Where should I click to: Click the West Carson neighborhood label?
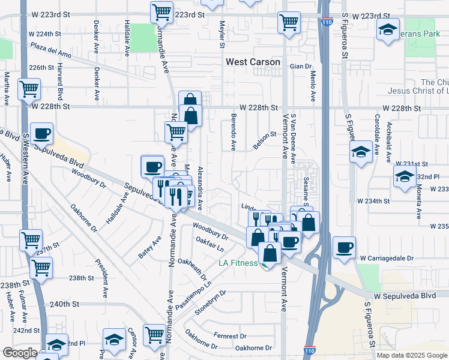click(x=253, y=62)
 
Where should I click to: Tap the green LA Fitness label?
click(x=238, y=263)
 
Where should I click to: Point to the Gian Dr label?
click(x=301, y=67)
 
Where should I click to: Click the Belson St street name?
click(x=264, y=142)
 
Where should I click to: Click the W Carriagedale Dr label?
click(x=387, y=258)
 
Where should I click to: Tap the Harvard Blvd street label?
click(x=61, y=85)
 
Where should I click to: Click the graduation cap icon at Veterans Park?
click(x=388, y=29)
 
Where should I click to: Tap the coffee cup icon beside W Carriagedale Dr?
click(x=345, y=247)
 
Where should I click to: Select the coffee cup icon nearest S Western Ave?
click(x=42, y=134)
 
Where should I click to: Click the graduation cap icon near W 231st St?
click(x=361, y=152)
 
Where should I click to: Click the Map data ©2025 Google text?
click(x=411, y=355)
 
